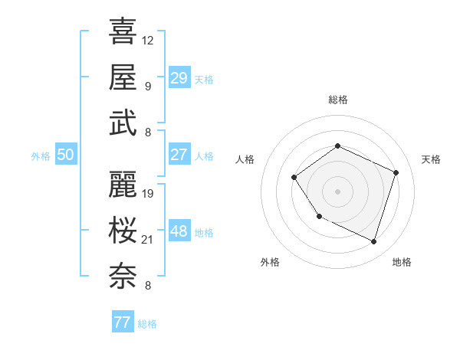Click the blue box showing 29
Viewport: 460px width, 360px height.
[x=179, y=78]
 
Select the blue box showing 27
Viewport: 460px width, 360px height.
[x=179, y=155]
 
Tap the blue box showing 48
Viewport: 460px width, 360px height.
[x=179, y=231]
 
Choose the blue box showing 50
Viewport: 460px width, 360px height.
[x=65, y=155]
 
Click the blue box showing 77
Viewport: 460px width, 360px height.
[x=122, y=322]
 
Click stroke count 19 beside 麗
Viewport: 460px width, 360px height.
[x=148, y=194]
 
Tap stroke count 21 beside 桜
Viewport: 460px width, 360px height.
[x=148, y=240]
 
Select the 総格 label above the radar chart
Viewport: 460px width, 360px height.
[x=337, y=100]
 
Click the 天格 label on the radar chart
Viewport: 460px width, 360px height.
[x=432, y=159]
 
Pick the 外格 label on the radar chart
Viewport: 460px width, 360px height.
[x=270, y=263]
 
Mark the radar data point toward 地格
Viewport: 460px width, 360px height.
[x=373, y=242]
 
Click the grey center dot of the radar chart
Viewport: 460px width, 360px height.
[x=337, y=191]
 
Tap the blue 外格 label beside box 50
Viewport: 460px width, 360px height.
[x=41, y=155]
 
